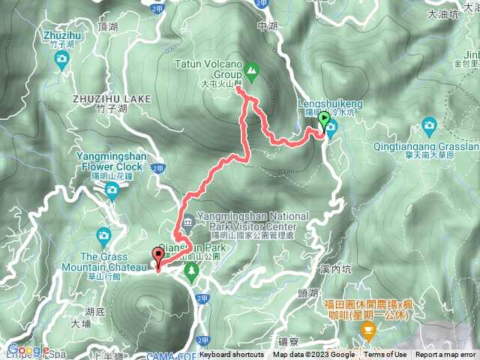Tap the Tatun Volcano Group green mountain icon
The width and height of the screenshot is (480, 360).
[252, 72]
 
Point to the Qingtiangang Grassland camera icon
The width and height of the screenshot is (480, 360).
[430, 124]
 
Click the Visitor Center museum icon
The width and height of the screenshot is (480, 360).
[187, 220]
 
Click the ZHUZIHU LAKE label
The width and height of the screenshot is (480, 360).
[112, 98]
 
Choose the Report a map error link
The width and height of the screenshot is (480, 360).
[446, 355]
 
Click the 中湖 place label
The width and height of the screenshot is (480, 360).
[267, 25]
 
